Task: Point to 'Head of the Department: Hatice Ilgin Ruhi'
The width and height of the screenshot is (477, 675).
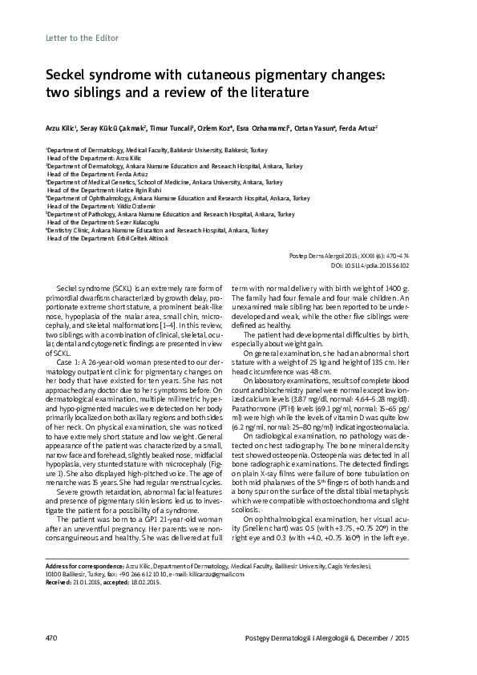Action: tap(100, 189)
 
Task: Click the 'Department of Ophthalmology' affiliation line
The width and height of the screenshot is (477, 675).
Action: tap(177, 197)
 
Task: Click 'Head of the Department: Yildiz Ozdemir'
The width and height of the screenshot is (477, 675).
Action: tap(96, 205)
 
